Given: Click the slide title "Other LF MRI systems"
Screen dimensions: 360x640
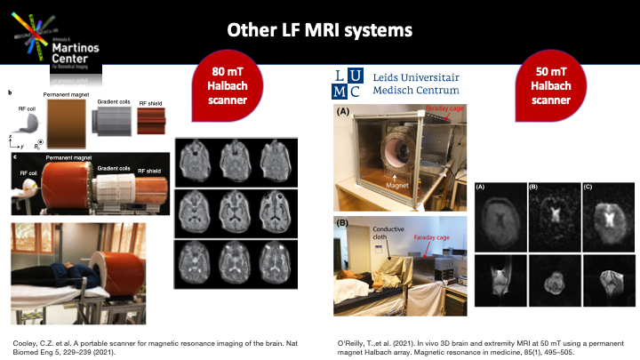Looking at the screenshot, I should (319, 30).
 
